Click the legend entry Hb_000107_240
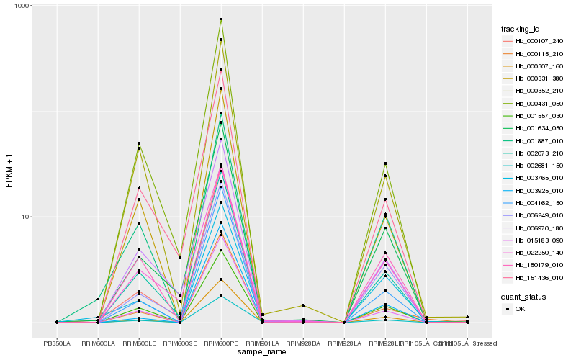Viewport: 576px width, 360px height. (534, 41)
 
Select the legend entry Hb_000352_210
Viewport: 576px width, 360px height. (534, 90)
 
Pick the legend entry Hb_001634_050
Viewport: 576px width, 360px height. (534, 127)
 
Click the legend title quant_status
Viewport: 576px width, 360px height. (523, 296)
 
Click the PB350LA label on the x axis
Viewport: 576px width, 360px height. (57, 343)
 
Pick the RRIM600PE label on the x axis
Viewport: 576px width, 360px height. (221, 343)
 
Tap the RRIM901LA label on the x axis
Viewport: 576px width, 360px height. (262, 343)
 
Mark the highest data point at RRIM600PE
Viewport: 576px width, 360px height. (221, 19)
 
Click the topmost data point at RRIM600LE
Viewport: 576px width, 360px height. (139, 143)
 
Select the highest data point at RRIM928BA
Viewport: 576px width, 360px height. (303, 306)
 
